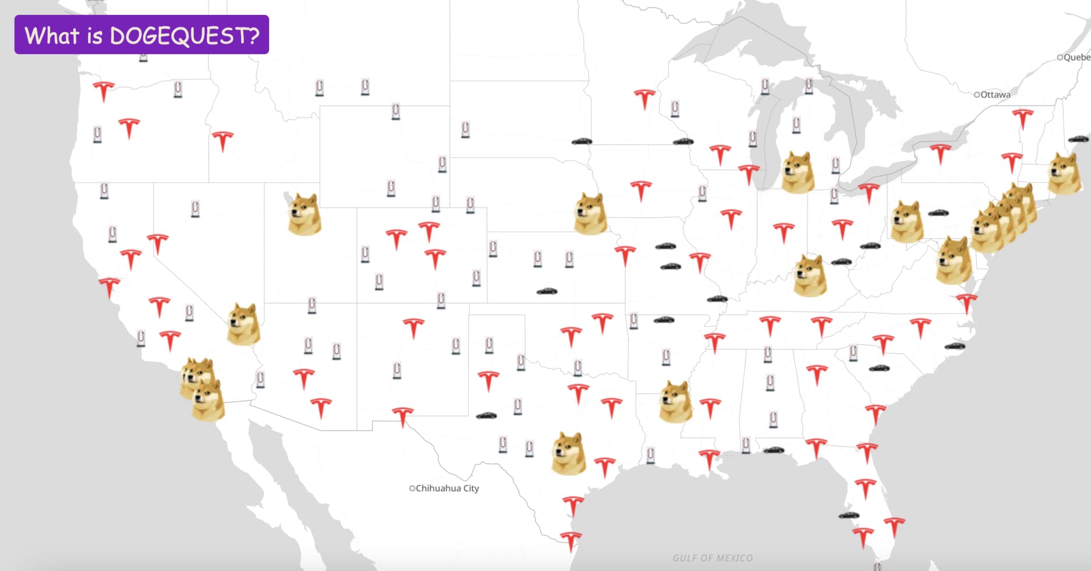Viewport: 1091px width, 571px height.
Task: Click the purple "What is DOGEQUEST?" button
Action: tap(142, 35)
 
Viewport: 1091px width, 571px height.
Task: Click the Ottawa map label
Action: tap(994, 94)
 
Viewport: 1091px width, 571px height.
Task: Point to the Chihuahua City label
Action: tap(447, 488)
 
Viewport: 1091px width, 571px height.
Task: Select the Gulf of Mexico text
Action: tap(712, 558)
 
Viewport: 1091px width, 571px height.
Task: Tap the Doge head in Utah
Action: tap(304, 215)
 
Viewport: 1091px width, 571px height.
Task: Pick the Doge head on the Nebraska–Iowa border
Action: tap(591, 214)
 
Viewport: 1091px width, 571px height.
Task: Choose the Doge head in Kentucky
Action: tap(810, 276)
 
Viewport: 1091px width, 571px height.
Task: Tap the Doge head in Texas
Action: tap(569, 454)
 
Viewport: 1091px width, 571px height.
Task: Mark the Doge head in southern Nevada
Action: tap(244, 324)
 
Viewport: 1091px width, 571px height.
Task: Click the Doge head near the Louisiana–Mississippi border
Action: tap(676, 402)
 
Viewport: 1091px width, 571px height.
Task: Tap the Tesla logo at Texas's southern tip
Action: tap(571, 541)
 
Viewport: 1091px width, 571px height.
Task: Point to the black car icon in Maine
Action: tap(1078, 139)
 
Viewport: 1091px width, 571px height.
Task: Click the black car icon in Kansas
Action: tap(547, 291)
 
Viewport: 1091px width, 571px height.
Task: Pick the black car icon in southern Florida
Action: tap(849, 515)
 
